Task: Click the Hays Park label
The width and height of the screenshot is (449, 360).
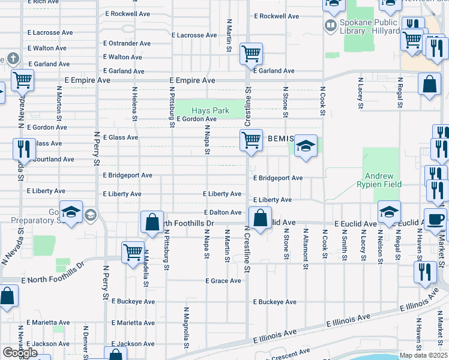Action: click(210, 111)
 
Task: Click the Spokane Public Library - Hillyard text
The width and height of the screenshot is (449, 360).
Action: click(369, 26)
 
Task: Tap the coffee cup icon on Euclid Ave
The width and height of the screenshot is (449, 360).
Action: click(435, 219)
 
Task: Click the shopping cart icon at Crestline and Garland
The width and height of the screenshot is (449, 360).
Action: click(252, 53)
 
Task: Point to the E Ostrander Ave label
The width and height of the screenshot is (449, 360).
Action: click(127, 44)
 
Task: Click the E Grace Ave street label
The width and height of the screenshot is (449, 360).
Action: click(223, 281)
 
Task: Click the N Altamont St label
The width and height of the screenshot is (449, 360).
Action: click(306, 244)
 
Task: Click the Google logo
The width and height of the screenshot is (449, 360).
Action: click(20, 353)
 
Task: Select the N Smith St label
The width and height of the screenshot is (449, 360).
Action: click(345, 244)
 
